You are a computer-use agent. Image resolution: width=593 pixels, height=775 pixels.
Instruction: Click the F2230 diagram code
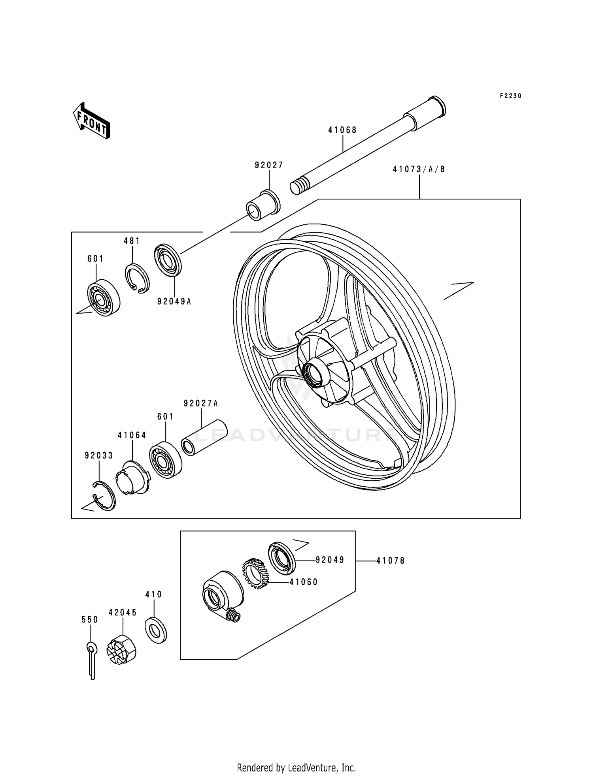510,96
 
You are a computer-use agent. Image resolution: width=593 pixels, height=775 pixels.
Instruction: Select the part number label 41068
342,130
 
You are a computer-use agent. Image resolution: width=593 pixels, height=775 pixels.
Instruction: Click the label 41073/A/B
419,169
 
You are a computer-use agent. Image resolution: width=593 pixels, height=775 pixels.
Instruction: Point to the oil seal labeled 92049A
167,260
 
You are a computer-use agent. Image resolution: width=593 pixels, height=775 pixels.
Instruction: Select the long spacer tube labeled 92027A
204,437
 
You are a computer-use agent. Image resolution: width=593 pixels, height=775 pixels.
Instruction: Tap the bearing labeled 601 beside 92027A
165,460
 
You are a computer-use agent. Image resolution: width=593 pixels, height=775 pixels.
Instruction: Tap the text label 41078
390,561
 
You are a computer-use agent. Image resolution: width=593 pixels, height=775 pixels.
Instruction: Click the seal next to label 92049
282,558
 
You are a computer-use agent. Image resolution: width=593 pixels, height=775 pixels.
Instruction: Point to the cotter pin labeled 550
92,660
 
